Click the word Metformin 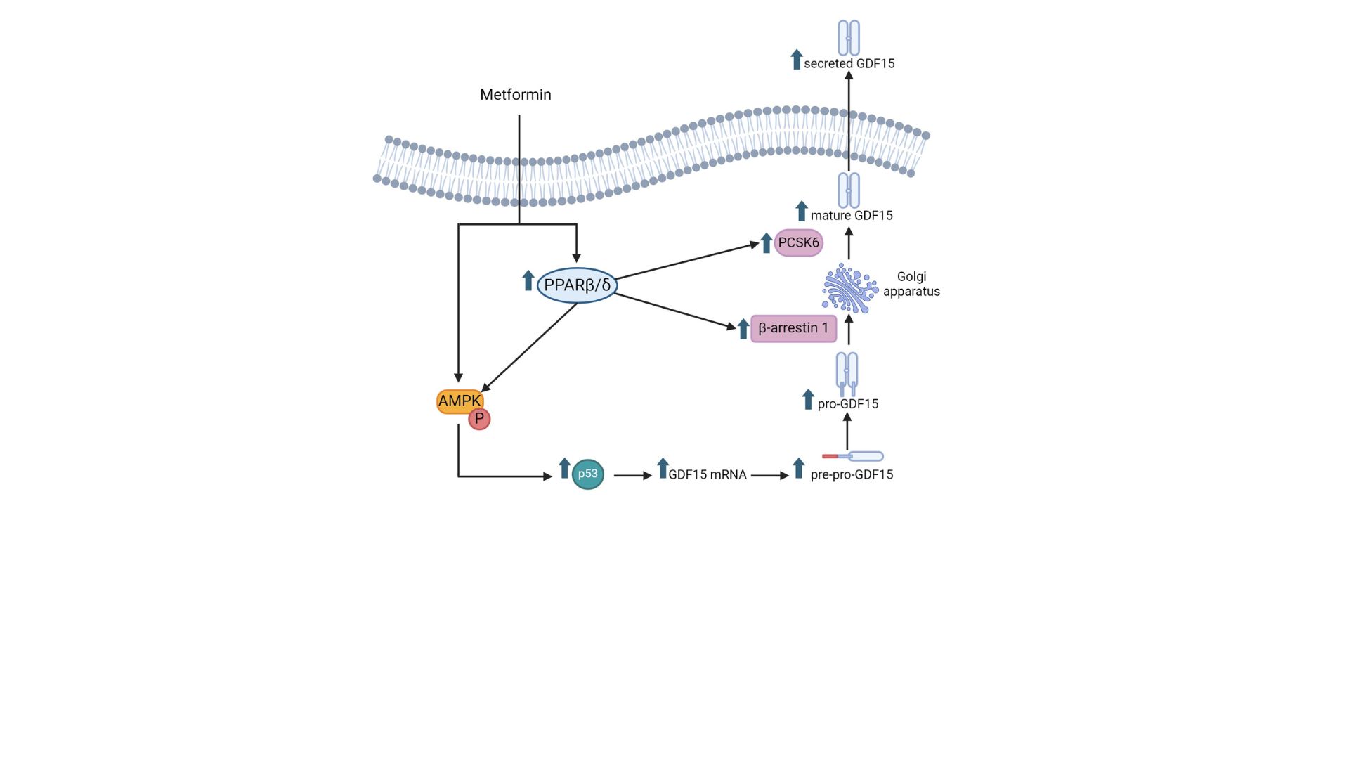[x=515, y=95]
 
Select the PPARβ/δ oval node [x=577, y=285]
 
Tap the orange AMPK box [x=459, y=401]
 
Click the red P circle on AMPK [x=479, y=420]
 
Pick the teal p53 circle [x=587, y=474]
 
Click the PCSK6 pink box [x=798, y=243]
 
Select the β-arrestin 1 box [x=793, y=328]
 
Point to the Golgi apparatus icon [x=849, y=288]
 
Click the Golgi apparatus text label [x=911, y=284]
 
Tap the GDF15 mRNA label [x=707, y=475]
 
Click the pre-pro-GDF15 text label [x=852, y=475]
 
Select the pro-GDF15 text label [x=847, y=404]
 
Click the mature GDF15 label [x=851, y=216]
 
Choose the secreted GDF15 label [x=849, y=64]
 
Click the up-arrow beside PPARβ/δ [x=528, y=280]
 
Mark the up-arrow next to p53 [x=564, y=468]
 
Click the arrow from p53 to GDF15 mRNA [x=632, y=476]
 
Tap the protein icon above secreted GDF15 [x=849, y=38]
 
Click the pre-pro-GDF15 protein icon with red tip [x=852, y=457]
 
